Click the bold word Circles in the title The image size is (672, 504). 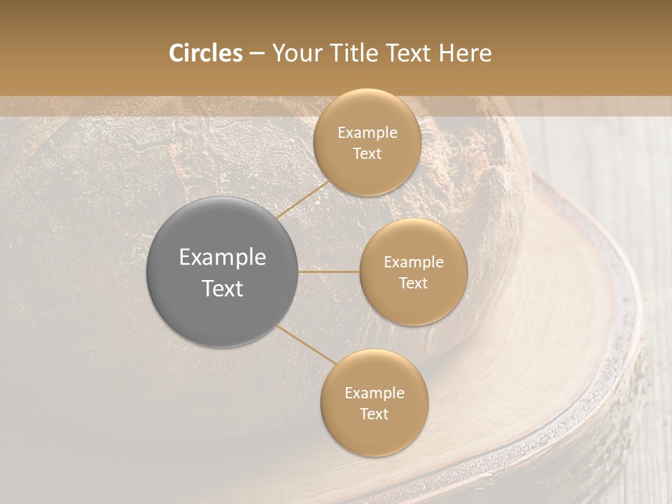[x=206, y=53]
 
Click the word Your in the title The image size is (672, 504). [x=297, y=53]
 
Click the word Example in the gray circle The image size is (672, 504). [x=222, y=258]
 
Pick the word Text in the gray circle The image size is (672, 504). [x=222, y=288]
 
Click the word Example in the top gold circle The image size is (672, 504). [x=367, y=133]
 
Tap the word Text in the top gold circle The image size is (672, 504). [x=367, y=154]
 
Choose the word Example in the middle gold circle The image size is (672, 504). [x=413, y=262]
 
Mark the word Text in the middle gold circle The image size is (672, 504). [x=413, y=283]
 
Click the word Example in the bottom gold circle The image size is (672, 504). [x=374, y=393]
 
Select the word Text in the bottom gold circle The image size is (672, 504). [x=374, y=414]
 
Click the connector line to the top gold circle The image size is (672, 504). [x=302, y=199]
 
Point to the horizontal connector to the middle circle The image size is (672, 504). [x=329, y=272]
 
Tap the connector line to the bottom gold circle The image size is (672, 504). [x=307, y=345]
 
